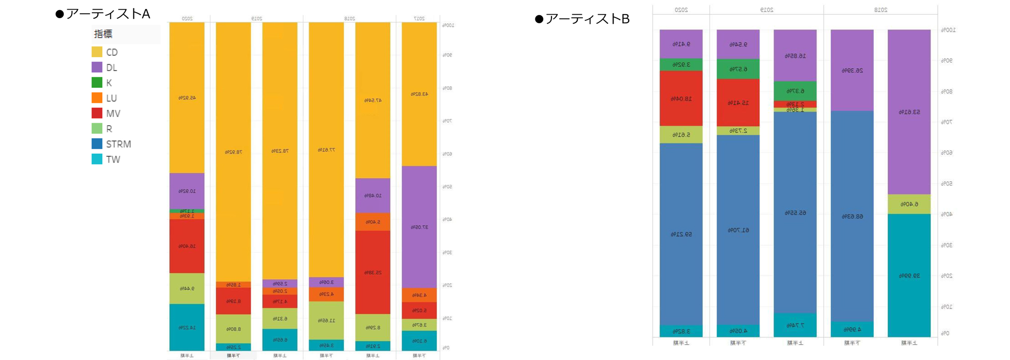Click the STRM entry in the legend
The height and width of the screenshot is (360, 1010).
coord(118,144)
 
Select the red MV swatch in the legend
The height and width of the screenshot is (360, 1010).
coord(97,113)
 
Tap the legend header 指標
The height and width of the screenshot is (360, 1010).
coord(103,34)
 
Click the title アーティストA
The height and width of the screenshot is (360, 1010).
coord(108,14)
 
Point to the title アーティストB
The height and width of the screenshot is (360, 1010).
coord(587,19)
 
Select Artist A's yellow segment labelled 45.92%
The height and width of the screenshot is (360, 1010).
coord(187,97)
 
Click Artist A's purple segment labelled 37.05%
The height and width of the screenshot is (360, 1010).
coord(419,227)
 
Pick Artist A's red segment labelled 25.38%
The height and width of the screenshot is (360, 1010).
coord(373,272)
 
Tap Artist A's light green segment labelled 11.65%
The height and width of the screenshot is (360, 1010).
coord(326,320)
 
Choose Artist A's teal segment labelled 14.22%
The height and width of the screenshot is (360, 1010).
coord(187,327)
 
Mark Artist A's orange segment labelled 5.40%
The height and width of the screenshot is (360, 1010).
coord(373,222)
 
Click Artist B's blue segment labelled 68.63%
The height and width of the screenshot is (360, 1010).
coord(852,216)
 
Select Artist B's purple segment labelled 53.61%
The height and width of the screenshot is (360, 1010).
coord(909,112)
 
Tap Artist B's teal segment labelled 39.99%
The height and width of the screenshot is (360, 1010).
coord(909,275)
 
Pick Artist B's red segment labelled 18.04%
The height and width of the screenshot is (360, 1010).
coord(681,98)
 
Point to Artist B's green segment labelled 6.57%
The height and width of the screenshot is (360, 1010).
coord(738,69)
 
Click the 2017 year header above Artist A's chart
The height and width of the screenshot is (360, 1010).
coord(419,18)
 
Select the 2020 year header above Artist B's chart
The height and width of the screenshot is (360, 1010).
coord(681,10)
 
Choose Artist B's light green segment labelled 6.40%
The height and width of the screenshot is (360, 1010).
coord(909,204)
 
